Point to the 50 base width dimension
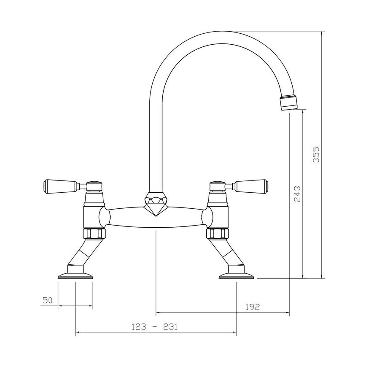tap(47, 300)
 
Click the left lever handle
tap(59, 185)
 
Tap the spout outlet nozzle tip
tap(289, 103)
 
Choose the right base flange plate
tap(237, 276)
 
